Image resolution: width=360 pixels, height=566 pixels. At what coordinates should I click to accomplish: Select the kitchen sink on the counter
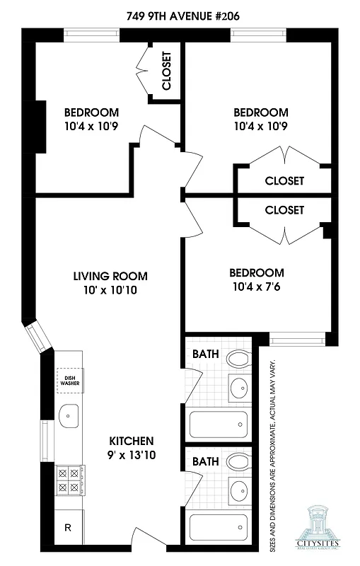coord(69,416)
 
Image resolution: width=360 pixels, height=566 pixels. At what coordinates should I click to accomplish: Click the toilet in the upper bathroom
coord(238,360)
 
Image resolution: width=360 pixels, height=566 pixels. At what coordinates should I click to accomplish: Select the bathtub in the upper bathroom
coord(219,424)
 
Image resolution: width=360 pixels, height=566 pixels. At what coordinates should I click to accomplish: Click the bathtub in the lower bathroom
coord(219,528)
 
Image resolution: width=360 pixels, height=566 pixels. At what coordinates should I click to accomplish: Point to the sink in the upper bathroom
coord(240,388)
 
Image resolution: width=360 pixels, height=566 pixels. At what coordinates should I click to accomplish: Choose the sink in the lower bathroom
coord(240,490)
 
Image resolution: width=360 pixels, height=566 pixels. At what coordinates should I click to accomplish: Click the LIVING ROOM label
coord(110,276)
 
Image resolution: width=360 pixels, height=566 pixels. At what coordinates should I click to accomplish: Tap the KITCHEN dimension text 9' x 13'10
coord(132,456)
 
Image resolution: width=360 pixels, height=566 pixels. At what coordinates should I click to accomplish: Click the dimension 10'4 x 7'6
coord(256,287)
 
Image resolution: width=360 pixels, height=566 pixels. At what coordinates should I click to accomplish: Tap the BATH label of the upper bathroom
coord(206,354)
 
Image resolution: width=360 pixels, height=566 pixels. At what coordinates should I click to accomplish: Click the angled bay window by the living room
coord(38,339)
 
